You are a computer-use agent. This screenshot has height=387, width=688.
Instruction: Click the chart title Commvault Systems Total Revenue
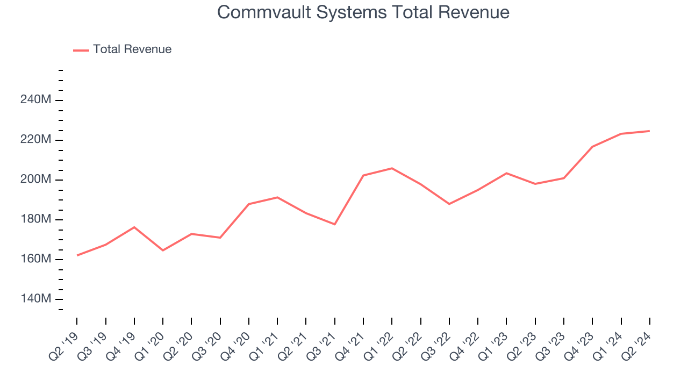(363, 12)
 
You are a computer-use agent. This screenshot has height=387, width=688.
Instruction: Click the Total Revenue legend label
(132, 49)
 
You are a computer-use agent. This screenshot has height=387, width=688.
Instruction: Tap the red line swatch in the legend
(81, 50)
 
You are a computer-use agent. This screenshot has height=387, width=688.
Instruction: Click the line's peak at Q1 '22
(392, 168)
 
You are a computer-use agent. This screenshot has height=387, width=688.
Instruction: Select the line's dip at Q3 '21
(335, 224)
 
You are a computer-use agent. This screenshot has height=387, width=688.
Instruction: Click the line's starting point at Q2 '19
(77, 255)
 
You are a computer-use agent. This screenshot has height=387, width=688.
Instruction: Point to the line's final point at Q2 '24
(649, 131)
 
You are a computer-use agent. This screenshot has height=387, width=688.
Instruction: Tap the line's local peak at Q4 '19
(134, 227)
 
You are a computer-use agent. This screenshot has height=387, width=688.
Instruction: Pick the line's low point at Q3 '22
(449, 204)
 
